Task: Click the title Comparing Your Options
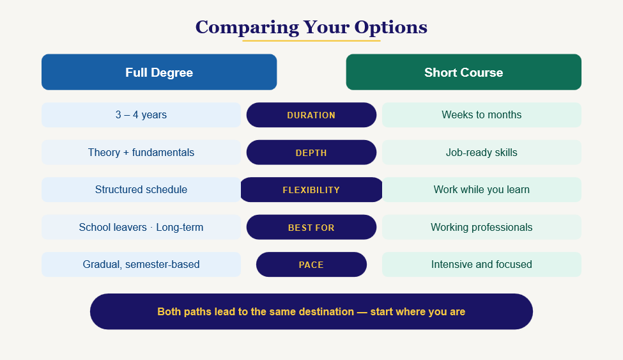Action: point(311,27)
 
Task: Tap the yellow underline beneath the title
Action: point(311,40)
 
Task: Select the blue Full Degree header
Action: point(159,72)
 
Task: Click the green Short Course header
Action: point(464,72)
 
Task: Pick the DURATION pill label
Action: point(311,115)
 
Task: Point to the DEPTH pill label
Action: point(311,152)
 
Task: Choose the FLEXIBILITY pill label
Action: point(311,190)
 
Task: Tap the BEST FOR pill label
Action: point(311,227)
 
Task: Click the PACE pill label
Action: point(311,265)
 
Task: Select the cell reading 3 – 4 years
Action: point(141,115)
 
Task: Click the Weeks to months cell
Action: point(482,115)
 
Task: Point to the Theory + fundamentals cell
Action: point(141,152)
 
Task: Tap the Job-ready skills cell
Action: point(482,152)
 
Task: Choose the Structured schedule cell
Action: point(141,190)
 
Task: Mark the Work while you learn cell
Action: point(482,190)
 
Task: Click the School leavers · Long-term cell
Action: point(141,227)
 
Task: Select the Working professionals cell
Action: point(482,227)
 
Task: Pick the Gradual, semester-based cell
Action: point(141,265)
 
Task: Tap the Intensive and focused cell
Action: point(482,265)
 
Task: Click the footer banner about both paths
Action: point(311,311)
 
